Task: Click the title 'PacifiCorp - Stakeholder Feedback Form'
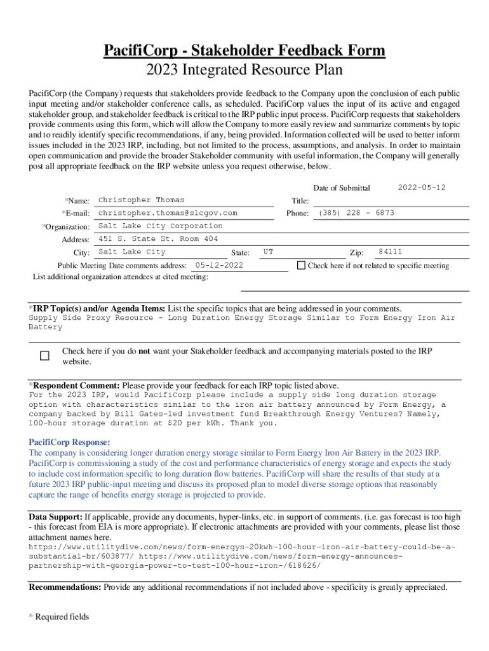(x=245, y=51)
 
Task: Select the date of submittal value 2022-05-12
(x=421, y=188)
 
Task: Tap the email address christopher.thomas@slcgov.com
(x=168, y=213)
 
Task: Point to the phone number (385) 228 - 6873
(x=356, y=213)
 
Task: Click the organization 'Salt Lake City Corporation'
(x=161, y=226)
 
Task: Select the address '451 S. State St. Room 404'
(x=158, y=239)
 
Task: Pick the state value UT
(x=269, y=252)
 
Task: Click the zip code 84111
(x=390, y=252)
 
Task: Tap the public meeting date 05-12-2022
(x=219, y=265)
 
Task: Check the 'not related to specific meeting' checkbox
(x=301, y=265)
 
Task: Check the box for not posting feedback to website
(x=44, y=356)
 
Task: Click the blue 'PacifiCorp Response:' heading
(x=70, y=442)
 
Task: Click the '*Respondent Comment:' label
(x=74, y=385)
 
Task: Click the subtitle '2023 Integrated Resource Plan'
(x=245, y=70)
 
